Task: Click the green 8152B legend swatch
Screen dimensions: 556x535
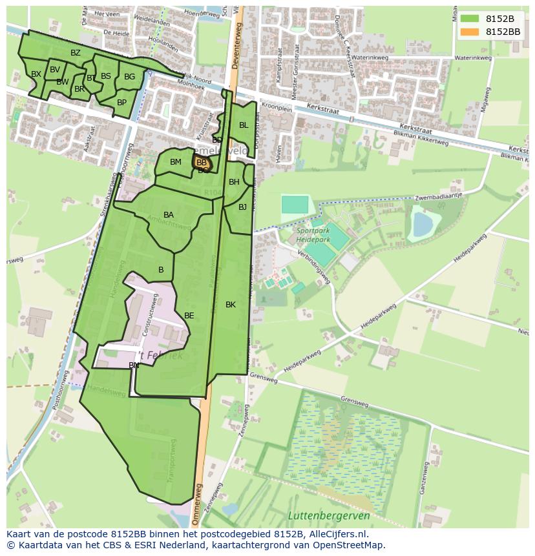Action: coord(470,19)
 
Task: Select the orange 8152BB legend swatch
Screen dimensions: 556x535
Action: coord(470,32)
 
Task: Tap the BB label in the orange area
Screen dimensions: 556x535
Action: coord(202,163)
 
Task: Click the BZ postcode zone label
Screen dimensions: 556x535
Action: coord(76,53)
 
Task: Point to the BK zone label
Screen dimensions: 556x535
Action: coord(231,305)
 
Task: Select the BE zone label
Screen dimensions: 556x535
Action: coord(189,316)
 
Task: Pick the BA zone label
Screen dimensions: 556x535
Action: coord(169,215)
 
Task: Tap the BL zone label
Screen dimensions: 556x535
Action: coord(244,125)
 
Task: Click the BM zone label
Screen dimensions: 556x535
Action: coord(176,162)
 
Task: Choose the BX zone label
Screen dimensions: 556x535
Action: coord(36,74)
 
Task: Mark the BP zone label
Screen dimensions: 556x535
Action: coord(121,103)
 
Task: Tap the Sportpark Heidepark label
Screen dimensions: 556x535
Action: coord(313,235)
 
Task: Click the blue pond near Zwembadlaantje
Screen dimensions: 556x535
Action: coord(423,225)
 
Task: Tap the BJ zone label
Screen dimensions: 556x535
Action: coord(242,207)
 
